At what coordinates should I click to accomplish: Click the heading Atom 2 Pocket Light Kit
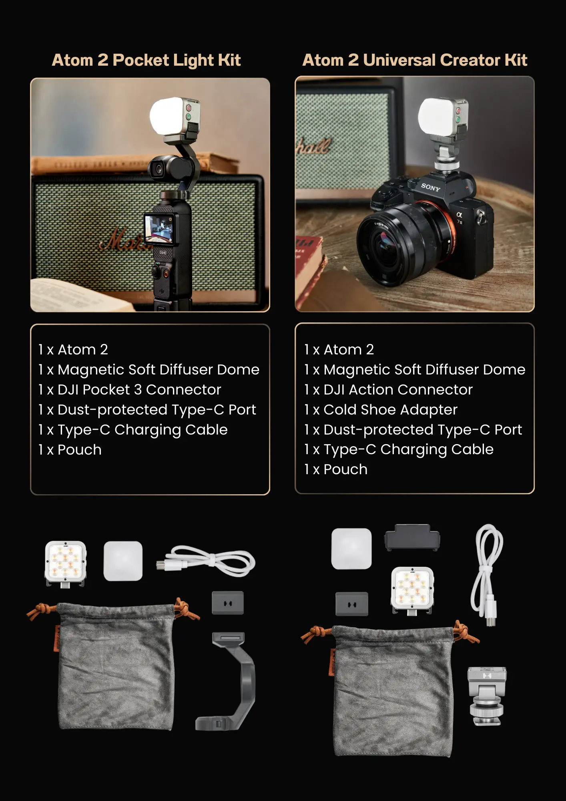click(x=146, y=60)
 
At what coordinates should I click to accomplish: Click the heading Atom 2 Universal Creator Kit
click(x=415, y=60)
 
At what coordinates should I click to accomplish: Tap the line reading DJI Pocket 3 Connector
click(x=129, y=390)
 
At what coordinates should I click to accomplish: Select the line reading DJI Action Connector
click(x=388, y=390)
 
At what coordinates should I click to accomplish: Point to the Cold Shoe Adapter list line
click(x=381, y=410)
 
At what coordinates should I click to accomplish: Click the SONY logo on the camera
click(x=430, y=187)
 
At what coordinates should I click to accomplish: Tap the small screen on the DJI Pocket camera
click(x=159, y=229)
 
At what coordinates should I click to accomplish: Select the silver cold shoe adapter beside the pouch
click(x=487, y=696)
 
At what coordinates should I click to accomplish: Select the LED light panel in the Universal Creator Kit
click(x=412, y=590)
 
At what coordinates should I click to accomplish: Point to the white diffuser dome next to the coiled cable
click(x=123, y=561)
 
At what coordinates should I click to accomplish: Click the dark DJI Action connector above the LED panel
click(x=412, y=537)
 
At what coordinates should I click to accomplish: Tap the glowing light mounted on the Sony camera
click(x=443, y=118)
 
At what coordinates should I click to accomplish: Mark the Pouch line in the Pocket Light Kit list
click(x=70, y=450)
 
